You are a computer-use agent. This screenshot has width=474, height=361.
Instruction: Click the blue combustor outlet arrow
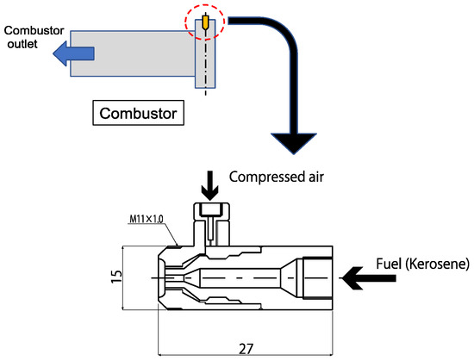click(x=74, y=53)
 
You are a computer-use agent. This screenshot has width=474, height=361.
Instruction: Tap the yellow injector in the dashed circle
click(x=206, y=22)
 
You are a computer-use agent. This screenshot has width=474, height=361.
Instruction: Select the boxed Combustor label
click(x=138, y=113)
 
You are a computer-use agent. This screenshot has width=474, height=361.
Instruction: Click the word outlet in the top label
click(x=22, y=44)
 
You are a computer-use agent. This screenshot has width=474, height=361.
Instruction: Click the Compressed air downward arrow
click(x=210, y=185)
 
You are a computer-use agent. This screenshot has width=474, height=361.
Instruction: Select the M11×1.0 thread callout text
click(x=147, y=219)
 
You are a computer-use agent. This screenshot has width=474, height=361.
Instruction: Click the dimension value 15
click(x=116, y=276)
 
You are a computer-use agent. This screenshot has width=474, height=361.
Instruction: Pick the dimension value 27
click(x=246, y=349)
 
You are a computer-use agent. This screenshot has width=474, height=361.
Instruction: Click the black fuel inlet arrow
click(x=369, y=278)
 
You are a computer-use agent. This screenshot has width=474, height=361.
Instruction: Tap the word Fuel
click(x=389, y=264)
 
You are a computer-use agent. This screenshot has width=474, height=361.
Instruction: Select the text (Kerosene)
click(x=437, y=264)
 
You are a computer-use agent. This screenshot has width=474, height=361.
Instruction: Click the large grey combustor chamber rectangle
click(x=133, y=53)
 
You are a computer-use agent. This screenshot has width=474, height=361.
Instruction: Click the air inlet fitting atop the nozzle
click(x=212, y=224)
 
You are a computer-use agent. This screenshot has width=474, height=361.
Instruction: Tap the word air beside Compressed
click(x=316, y=177)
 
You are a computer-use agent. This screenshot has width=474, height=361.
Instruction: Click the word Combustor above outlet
click(x=34, y=30)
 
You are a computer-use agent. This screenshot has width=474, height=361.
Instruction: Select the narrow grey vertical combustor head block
click(x=205, y=53)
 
